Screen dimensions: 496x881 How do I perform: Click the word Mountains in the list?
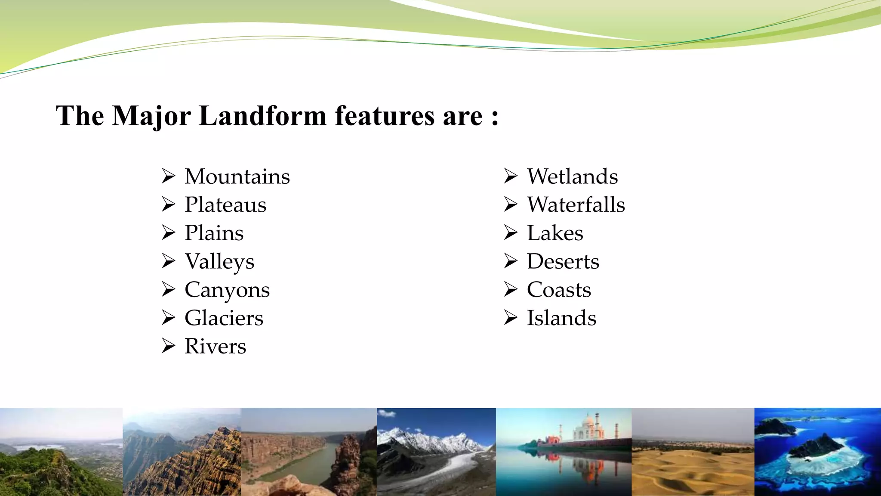[237, 177]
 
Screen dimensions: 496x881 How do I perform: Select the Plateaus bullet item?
[225, 205]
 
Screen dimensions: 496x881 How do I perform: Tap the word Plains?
[214, 233]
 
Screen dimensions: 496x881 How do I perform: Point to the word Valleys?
[219, 262]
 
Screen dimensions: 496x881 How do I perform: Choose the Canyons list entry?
[227, 290]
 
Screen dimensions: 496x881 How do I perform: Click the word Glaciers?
[224, 318]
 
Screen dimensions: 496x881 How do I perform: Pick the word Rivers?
[215, 347]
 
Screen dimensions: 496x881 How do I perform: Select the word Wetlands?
[572, 177]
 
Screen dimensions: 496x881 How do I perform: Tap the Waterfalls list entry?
[576, 205]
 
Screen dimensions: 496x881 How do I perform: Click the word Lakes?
[555, 233]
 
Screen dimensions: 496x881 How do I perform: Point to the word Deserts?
[563, 262]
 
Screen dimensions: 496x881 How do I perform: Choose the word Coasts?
[559, 290]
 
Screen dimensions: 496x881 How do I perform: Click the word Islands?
[561, 318]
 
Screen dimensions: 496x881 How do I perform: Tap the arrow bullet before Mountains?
[168, 177]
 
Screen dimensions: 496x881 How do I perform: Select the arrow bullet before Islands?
[511, 318]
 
